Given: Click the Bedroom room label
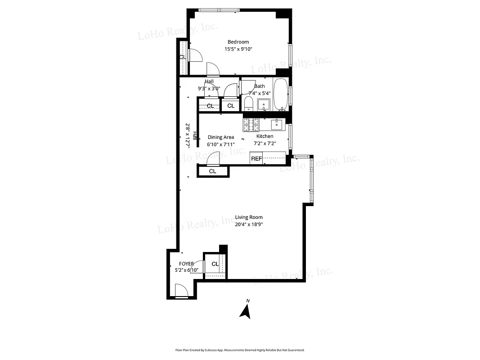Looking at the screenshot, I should pos(238,42).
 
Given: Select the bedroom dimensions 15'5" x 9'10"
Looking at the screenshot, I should pos(238,49).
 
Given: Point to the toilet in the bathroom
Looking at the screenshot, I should pos(248,103).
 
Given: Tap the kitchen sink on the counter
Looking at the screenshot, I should pos(276,124).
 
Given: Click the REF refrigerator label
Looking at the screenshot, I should pos(256,158).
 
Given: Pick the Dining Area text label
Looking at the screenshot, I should pos(220,137).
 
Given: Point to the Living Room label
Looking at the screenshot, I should pos(249,217).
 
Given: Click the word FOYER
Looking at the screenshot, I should pos(186,264).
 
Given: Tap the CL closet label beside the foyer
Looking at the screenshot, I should pos(215,264).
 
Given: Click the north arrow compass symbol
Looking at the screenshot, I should pos(245,311).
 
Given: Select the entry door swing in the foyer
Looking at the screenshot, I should pos(181,291).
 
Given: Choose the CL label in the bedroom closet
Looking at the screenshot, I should pos(182,57).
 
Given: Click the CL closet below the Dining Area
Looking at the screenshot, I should pos(212,171).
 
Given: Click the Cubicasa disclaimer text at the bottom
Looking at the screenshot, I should pos(240,350).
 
